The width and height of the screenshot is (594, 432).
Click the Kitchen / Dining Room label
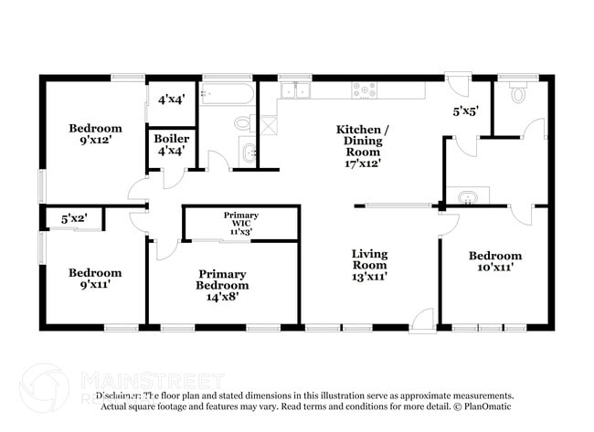pyautogui.click(x=363, y=147)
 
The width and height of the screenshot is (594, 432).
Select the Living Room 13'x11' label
pyautogui.click(x=370, y=265)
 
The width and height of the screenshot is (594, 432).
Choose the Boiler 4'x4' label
pyautogui.click(x=171, y=144)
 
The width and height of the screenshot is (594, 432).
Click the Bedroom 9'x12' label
pyautogui.click(x=96, y=134)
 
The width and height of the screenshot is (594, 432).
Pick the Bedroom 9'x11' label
pyautogui.click(x=96, y=279)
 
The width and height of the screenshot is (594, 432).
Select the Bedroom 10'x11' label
pyautogui.click(x=495, y=262)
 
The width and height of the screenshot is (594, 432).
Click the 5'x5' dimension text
pyautogui.click(x=466, y=111)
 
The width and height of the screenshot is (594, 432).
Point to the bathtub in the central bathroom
pyautogui.click(x=226, y=94)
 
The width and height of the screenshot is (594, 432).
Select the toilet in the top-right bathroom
pyautogui.click(x=518, y=94)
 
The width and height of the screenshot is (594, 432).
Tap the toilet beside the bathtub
pyautogui.click(x=243, y=123)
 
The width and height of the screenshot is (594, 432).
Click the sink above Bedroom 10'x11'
pyautogui.click(x=467, y=196)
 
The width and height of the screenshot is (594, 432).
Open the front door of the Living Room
pyautogui.click(x=422, y=319)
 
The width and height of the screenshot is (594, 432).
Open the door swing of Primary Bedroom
pyautogui.click(x=166, y=248)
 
